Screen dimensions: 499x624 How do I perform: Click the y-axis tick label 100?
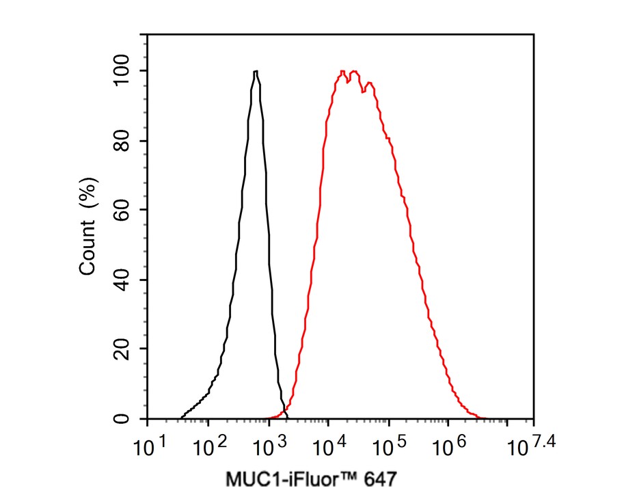point(125,71)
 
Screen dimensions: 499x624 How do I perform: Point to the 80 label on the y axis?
point(125,141)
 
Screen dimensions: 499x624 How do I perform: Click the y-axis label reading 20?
point(125,349)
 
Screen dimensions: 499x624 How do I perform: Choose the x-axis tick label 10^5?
point(390,448)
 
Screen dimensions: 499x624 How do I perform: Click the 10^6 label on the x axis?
point(450,448)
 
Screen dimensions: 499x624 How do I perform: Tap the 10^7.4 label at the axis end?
point(531,448)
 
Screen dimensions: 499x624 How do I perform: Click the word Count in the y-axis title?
point(88,247)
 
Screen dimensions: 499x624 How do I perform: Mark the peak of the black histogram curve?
point(255,71)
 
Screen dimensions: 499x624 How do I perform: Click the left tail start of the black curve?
point(182,418)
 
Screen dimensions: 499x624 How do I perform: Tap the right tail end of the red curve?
point(483,418)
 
